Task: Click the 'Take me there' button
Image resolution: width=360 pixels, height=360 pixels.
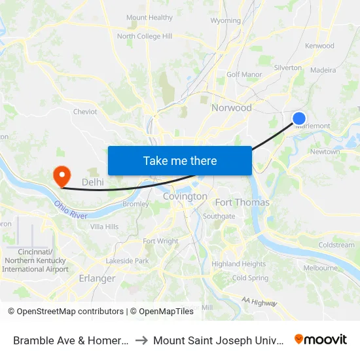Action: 179,160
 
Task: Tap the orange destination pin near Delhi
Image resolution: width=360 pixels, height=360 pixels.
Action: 62,175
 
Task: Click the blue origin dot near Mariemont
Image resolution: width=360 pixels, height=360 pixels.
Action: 298,118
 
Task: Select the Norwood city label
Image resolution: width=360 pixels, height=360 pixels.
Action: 231,107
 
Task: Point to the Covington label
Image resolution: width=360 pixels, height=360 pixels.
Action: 185,196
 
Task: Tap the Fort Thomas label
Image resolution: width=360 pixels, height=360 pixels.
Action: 242,202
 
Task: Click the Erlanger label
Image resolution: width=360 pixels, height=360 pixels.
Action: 97,278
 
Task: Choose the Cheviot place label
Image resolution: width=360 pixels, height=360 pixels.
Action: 85,112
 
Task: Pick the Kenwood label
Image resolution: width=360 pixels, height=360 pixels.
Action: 319,46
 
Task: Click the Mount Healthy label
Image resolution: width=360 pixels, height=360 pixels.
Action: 149,18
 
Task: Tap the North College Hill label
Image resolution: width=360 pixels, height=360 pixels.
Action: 145,37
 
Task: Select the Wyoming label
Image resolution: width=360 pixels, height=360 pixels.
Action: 226,21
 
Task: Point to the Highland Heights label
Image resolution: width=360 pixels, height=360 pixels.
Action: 238,264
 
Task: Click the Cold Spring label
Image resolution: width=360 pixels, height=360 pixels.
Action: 250,278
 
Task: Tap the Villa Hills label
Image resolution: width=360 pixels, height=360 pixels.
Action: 104,226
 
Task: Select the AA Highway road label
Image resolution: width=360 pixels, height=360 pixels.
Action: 259,302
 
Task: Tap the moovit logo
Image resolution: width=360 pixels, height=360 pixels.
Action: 320,339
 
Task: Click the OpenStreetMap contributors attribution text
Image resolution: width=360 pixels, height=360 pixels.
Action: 70,312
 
